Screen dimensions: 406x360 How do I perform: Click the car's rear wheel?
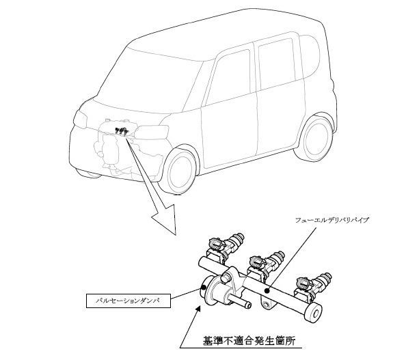tap(315, 139)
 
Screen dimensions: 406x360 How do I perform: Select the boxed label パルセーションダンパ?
tap(128, 301)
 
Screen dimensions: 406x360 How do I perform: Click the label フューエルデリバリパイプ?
tap(331, 221)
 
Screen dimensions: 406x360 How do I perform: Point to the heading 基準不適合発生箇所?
tap(249, 341)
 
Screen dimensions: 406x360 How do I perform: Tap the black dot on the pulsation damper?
tap(204, 287)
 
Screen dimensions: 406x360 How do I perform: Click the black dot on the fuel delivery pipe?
tap(267, 291)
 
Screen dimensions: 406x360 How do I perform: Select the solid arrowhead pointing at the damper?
tap(198, 309)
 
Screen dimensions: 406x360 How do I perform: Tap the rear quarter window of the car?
tap(310, 56)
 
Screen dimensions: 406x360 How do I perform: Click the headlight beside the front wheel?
tap(152, 132)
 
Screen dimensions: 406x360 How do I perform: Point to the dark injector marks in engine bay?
tap(122, 131)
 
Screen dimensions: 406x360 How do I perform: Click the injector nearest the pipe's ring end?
tap(313, 286)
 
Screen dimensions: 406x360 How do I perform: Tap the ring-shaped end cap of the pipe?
tap(313, 313)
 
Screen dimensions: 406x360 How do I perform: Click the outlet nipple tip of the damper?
tap(248, 305)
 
